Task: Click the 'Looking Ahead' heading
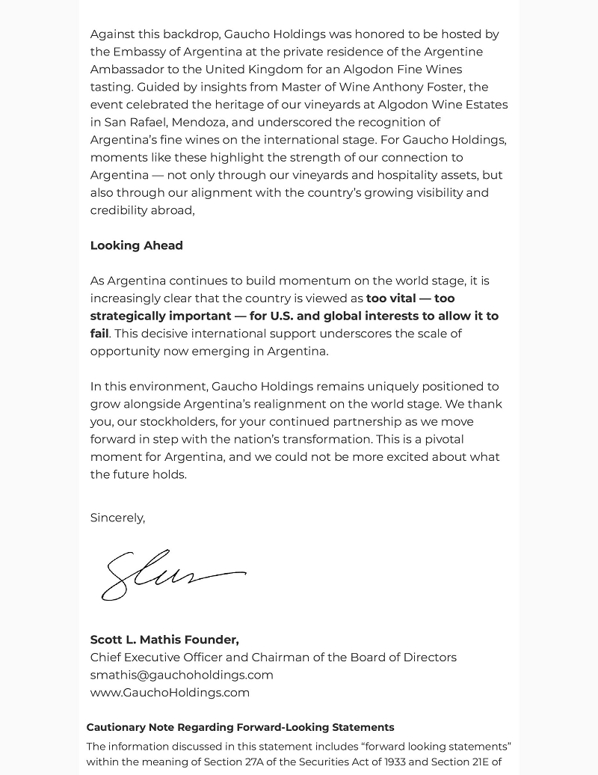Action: [x=136, y=245]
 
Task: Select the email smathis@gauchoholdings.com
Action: [x=182, y=675]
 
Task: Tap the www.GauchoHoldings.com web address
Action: [x=170, y=692]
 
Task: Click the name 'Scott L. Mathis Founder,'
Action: [x=164, y=640]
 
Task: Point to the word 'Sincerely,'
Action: [x=117, y=518]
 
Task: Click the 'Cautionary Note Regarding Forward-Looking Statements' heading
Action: [x=240, y=727]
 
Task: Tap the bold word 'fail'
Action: [x=99, y=334]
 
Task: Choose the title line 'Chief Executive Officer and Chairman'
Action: [x=273, y=657]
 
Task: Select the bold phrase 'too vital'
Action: [x=391, y=298]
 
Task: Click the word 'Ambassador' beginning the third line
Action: [x=126, y=70]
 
